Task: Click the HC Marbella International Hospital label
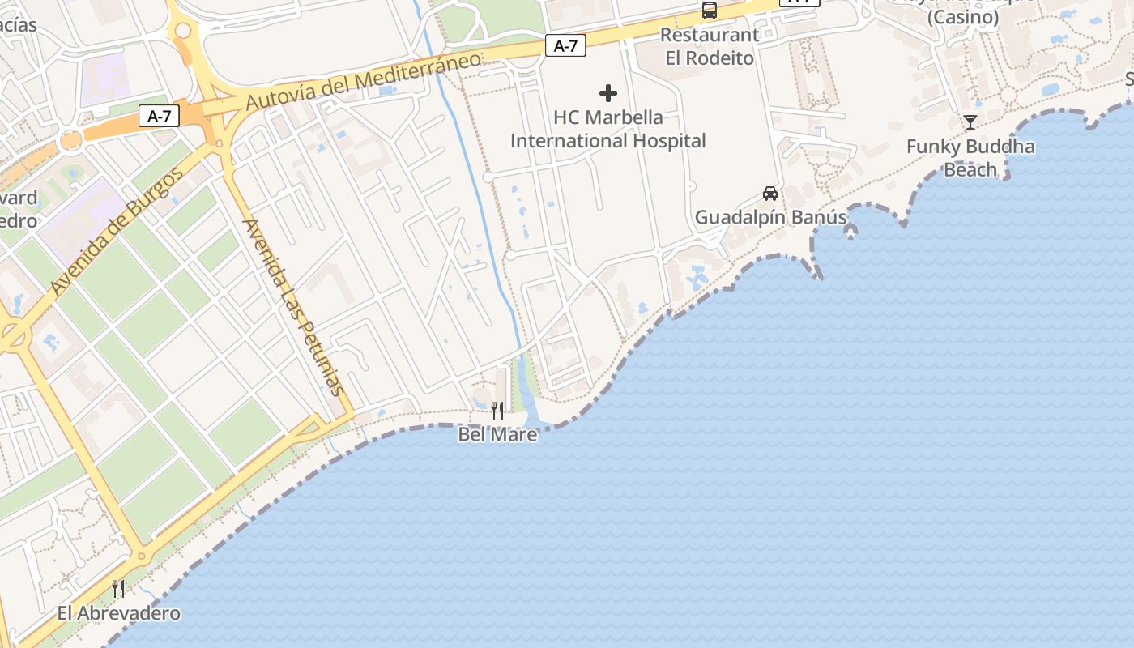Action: pos(607,129)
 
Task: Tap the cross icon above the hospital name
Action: pos(608,93)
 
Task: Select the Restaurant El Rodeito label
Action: pos(710,46)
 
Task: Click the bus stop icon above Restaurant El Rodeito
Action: pos(710,11)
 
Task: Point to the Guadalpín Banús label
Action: pos(770,217)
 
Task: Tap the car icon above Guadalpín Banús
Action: pos(770,194)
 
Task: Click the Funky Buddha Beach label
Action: pos(970,158)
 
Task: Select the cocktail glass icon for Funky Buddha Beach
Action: pos(970,122)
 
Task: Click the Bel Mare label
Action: pos(497,434)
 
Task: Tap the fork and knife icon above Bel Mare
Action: pos(497,411)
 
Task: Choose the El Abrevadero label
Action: pos(118,613)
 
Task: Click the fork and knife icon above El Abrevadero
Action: pos(118,588)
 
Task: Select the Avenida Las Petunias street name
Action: pos(294,307)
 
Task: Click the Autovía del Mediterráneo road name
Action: pos(364,81)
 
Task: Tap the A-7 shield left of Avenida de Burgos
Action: pos(159,116)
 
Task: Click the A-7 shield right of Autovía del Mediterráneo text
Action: pos(565,45)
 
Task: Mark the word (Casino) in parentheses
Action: pos(963,17)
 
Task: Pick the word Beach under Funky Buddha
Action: pos(970,169)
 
